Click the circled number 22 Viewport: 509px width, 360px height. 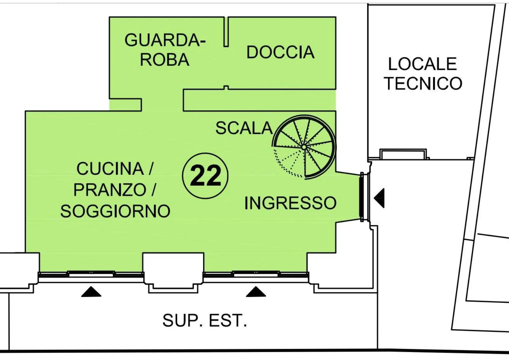[205, 176]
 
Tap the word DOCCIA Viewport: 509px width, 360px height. [280, 52]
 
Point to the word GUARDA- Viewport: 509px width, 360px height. [165, 40]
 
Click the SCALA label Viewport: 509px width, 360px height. [244, 128]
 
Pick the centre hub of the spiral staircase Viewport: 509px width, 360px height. [304, 147]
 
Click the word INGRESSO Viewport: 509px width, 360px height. [290, 203]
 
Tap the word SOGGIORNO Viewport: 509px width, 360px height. [115, 211]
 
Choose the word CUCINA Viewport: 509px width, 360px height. [110, 169]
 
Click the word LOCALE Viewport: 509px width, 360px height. [422, 64]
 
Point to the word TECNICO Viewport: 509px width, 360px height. [423, 83]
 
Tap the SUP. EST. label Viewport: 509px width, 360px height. [205, 321]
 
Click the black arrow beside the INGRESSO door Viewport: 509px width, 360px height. [379, 198]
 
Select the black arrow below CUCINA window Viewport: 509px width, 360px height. [91, 291]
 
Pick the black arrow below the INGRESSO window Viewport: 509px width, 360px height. [256, 291]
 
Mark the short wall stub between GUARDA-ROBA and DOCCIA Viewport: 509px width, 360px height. [226, 32]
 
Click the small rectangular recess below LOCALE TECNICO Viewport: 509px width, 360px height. [403, 154]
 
